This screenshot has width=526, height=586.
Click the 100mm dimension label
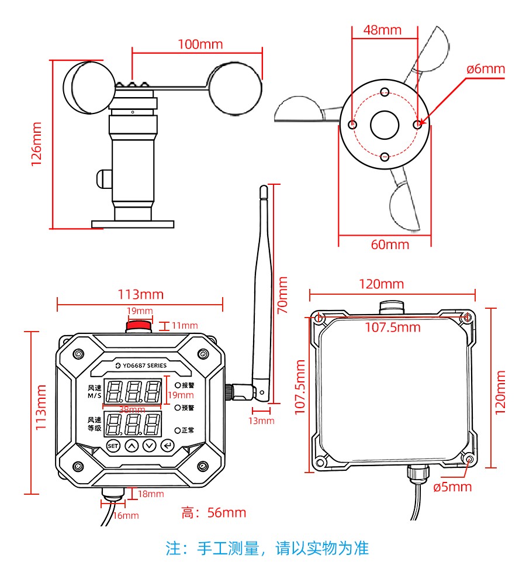point(200,44)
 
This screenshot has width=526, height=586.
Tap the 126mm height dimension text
point(37,144)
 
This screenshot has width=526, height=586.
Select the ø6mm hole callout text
point(485,69)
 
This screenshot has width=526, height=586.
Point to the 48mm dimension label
point(382,30)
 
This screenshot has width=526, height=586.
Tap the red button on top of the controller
point(140,326)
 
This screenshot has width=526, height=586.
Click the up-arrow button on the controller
point(132,446)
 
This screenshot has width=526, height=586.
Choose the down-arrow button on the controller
point(150,446)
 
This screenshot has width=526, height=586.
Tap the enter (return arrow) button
point(168,446)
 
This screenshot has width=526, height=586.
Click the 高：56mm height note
point(213,513)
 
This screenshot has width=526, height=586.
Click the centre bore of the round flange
point(385,125)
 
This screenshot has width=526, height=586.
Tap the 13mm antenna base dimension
point(261,420)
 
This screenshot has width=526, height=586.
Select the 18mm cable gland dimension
point(151,494)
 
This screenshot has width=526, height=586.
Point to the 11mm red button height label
point(185,326)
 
